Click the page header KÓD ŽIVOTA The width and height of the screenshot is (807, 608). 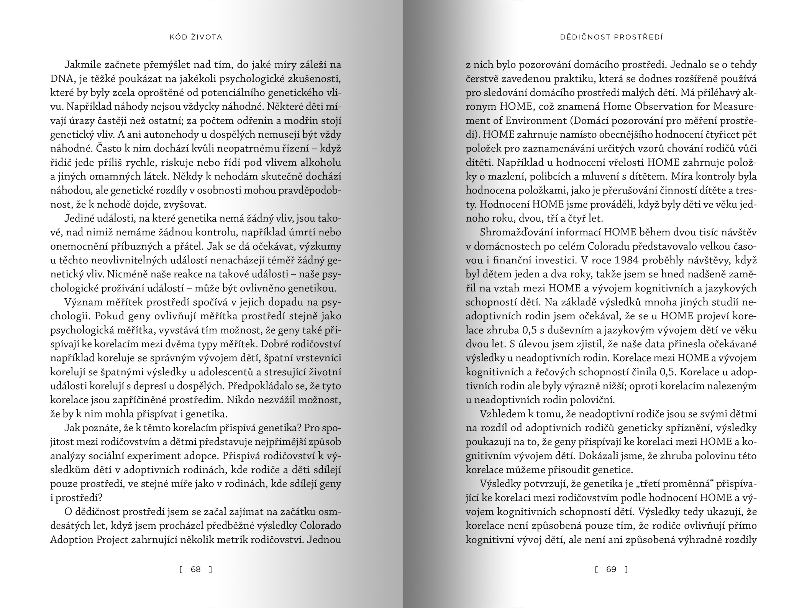click(195, 37)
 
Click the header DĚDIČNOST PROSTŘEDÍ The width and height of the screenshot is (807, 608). click(611, 37)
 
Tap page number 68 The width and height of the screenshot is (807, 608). click(195, 569)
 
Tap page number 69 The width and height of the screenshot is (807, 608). click(611, 569)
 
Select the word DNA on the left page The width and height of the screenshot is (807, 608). click(61, 79)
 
